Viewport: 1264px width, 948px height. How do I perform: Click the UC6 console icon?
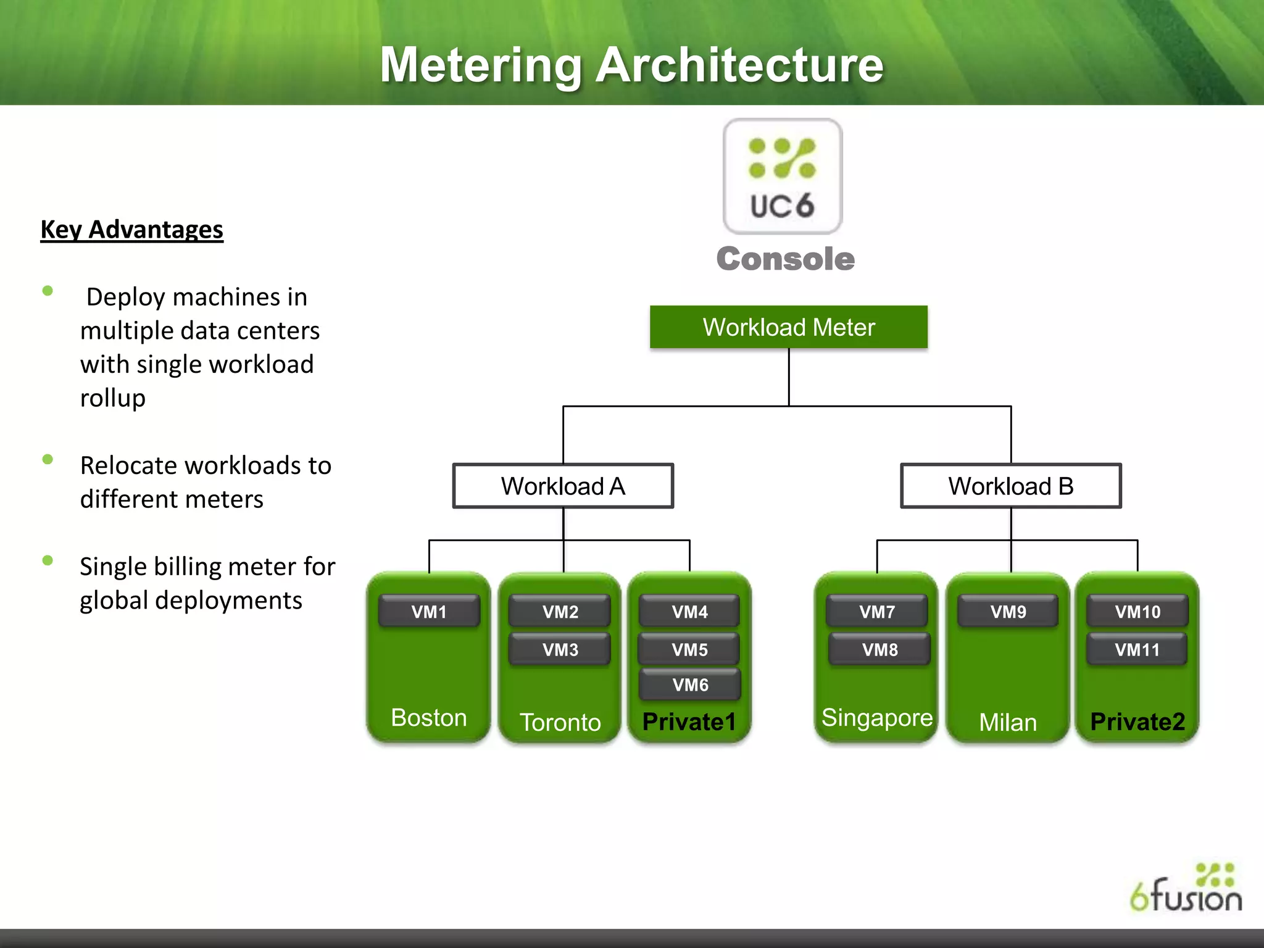pos(782,176)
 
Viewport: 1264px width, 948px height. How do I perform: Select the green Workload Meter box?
pos(788,327)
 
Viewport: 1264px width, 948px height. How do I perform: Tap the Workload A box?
pos(563,486)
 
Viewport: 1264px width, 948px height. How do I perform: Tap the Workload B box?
pos(1010,486)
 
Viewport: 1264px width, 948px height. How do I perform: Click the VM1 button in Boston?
pos(429,612)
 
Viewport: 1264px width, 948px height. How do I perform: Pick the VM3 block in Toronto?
pos(560,649)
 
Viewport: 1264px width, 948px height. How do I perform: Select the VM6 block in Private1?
pos(690,684)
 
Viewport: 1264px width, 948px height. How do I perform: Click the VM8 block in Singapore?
pos(879,649)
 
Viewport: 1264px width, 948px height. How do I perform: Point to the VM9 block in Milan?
pos(1008,612)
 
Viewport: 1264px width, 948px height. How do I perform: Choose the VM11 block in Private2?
pos(1137,649)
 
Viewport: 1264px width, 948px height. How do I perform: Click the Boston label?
pos(429,718)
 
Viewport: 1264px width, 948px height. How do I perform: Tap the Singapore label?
pos(876,718)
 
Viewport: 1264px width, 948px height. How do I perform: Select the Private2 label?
pos(1137,721)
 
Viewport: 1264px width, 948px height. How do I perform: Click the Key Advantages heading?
pos(131,230)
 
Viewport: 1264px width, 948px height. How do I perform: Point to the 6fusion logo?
pos(1186,889)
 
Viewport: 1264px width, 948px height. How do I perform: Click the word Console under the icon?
pos(785,259)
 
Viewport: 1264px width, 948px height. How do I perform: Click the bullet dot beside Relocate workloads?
pos(48,459)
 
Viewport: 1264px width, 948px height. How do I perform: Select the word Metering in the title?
pos(480,65)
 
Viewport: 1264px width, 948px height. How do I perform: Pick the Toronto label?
pos(560,722)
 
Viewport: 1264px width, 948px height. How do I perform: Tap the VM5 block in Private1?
pos(689,649)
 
